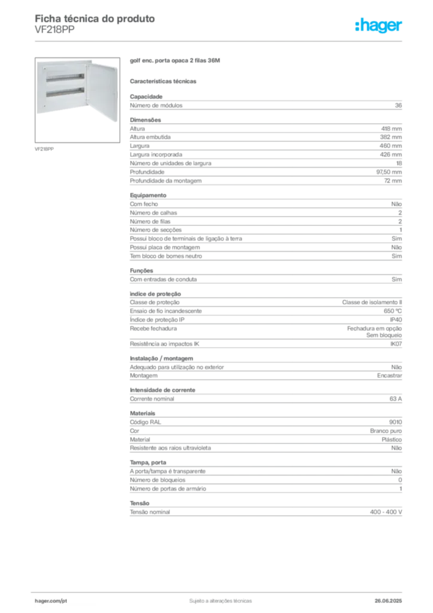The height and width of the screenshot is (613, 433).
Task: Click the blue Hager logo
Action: tap(380, 26)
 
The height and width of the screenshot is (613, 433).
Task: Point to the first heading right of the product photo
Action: tap(177, 62)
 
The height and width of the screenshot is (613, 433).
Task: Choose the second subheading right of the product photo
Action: tap(164, 80)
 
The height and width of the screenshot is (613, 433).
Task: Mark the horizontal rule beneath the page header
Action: tap(220, 41)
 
